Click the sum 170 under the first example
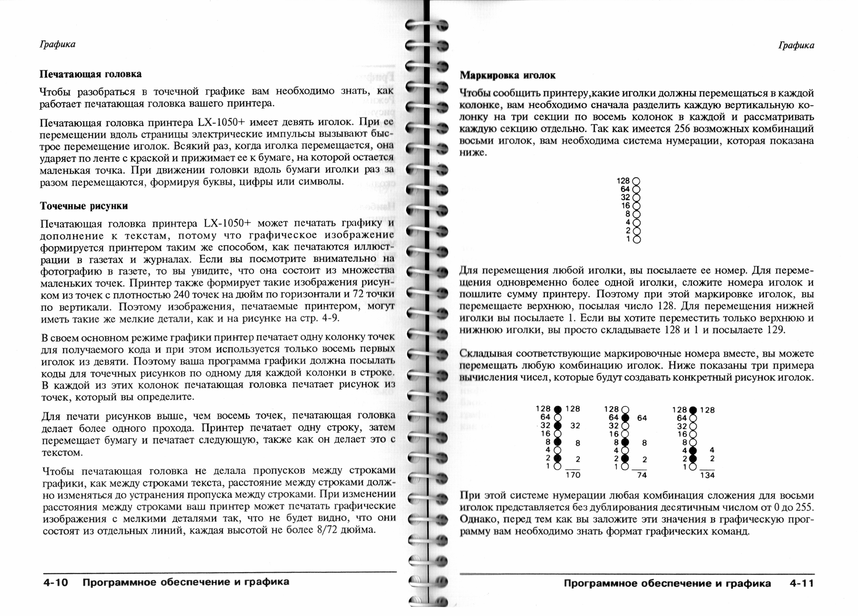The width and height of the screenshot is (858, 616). click(x=573, y=475)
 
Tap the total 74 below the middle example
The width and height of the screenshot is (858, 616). click(x=642, y=475)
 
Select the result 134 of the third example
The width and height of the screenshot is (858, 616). click(x=707, y=475)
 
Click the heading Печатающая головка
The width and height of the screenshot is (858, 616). click(x=91, y=74)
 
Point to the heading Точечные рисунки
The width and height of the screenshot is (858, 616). click(x=84, y=206)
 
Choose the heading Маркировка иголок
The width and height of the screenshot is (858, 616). click(x=507, y=75)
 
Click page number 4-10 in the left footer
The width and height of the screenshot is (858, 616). click(x=56, y=582)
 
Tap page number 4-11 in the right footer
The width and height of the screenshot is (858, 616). click(x=802, y=584)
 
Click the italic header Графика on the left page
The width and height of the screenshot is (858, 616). click(x=57, y=44)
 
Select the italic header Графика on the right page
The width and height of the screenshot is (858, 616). click(x=796, y=46)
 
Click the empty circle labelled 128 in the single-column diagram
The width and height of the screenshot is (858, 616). click(x=636, y=181)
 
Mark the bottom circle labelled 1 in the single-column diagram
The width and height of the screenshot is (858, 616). click(x=636, y=239)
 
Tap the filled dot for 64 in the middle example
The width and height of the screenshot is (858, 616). click(x=625, y=417)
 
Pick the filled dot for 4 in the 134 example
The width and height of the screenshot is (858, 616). click(x=693, y=450)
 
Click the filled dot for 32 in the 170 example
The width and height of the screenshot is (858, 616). click(x=557, y=426)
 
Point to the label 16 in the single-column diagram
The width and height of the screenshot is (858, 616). click(x=626, y=206)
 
